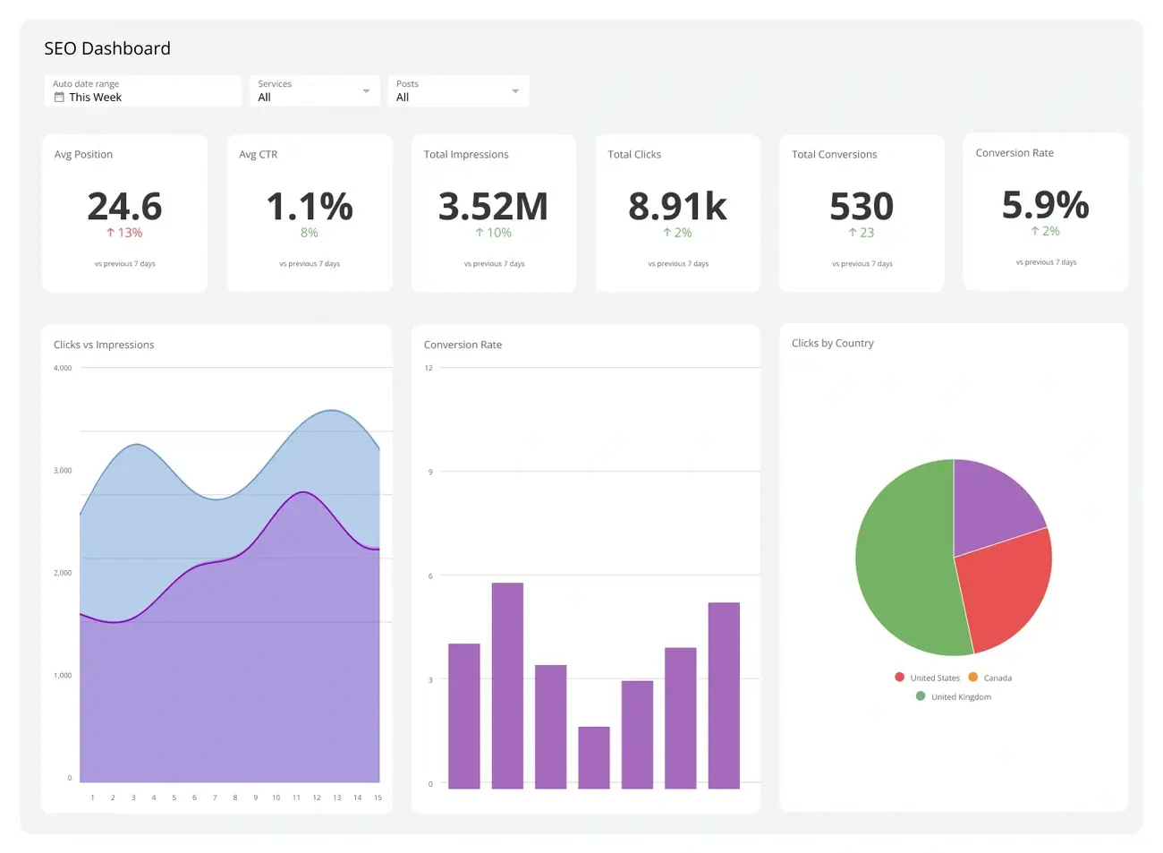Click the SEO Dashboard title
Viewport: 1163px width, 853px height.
click(107, 48)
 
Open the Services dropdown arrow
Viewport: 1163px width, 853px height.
click(366, 91)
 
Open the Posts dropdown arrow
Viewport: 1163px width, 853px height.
click(515, 91)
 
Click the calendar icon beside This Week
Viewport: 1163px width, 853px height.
click(59, 97)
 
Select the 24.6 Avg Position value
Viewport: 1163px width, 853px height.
click(124, 207)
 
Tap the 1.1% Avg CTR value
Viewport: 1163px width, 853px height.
click(310, 207)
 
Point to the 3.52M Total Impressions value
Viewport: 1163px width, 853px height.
click(493, 207)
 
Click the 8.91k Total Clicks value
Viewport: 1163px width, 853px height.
click(677, 207)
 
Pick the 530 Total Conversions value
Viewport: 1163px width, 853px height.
click(862, 207)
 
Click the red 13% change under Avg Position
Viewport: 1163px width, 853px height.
click(124, 233)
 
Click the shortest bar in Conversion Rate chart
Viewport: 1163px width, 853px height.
click(594, 757)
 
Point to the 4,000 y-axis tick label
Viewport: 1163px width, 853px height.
click(63, 368)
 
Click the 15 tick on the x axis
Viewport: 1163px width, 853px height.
click(378, 798)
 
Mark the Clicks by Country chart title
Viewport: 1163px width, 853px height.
click(832, 343)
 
